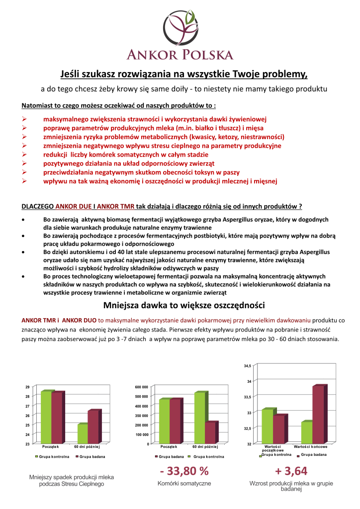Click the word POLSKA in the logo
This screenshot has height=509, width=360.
(x=206, y=54)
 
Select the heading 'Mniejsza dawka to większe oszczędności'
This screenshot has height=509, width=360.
(x=180, y=304)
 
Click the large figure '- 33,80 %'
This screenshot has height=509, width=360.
(x=184, y=470)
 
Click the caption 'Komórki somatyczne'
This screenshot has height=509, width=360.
(x=184, y=483)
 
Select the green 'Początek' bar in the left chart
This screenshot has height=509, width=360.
(x=47, y=417)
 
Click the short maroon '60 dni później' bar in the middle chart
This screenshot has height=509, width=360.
(x=210, y=432)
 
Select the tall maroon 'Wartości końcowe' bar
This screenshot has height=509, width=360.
(x=318, y=414)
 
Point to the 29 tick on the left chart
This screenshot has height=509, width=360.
(x=27, y=387)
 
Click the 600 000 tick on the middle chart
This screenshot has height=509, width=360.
(x=142, y=387)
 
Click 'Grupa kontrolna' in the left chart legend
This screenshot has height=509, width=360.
(x=52, y=456)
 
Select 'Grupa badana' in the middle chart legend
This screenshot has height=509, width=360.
(x=171, y=456)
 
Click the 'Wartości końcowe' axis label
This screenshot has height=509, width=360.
(x=314, y=447)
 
